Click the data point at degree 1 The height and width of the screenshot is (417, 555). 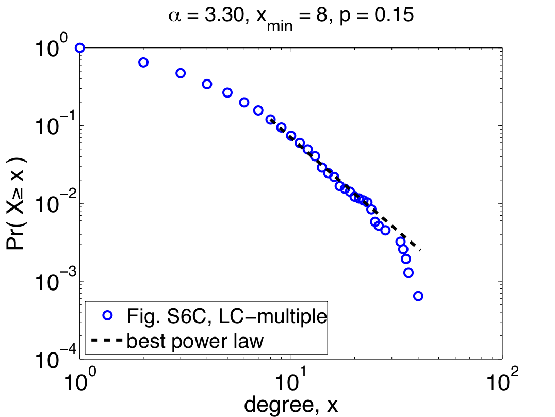click(79, 48)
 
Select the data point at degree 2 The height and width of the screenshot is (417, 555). click(143, 62)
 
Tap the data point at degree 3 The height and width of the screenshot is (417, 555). click(181, 73)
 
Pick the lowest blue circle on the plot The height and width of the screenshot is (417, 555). click(418, 296)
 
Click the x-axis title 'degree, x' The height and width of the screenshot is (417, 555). click(291, 406)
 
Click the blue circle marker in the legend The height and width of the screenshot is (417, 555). click(107, 315)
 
